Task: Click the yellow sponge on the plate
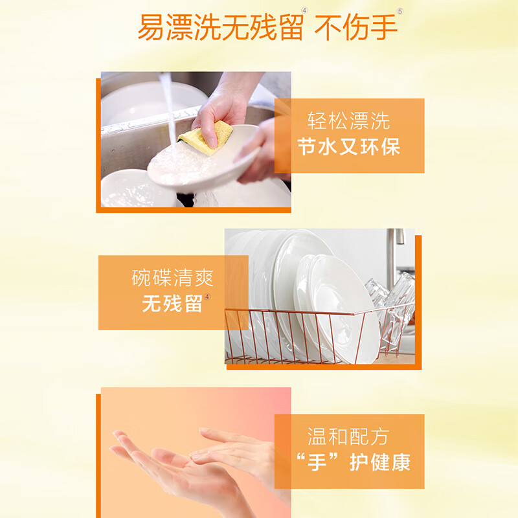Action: click(x=205, y=138)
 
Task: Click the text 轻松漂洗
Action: click(x=348, y=121)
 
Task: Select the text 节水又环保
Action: click(x=348, y=147)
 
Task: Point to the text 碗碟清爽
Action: click(x=172, y=278)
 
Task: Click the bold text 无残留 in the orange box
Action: click(x=172, y=303)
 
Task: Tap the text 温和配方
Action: click(x=348, y=436)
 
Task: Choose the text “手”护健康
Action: click(x=354, y=462)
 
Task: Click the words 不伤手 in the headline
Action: click(x=355, y=27)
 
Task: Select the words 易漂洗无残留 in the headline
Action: click(x=220, y=27)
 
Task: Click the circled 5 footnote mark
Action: click(x=400, y=12)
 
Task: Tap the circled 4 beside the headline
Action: click(x=304, y=10)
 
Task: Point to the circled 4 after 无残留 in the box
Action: click(x=207, y=297)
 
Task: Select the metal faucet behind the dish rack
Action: click(x=395, y=258)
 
